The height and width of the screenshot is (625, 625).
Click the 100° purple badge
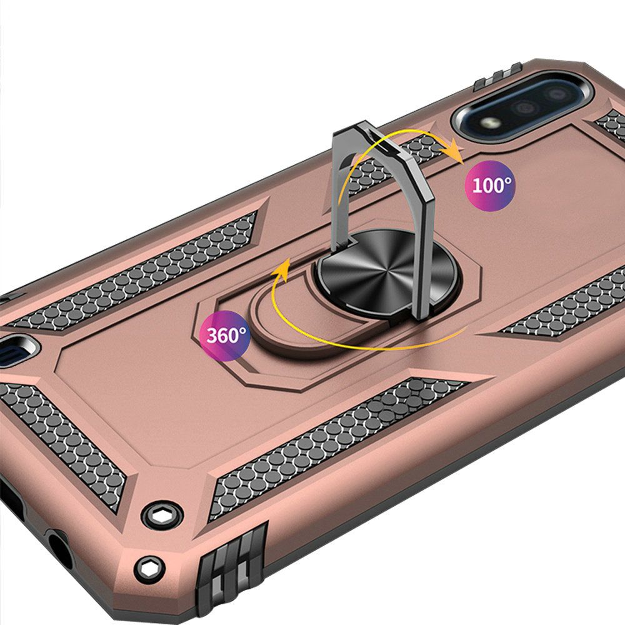490,186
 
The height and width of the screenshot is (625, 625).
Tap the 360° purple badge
225,336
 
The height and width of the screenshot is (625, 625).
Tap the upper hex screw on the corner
162,516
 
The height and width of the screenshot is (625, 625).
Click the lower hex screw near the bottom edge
150,569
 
